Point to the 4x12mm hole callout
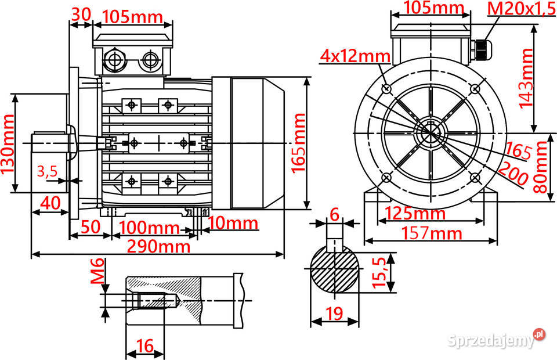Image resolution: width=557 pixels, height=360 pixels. (356, 56)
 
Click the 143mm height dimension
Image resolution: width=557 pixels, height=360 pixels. (526, 78)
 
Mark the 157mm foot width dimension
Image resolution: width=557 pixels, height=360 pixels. (433, 233)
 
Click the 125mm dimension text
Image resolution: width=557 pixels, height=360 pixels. (417, 213)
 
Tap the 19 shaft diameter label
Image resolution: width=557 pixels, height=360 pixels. (334, 314)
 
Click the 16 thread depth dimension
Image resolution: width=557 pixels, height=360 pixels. (144, 346)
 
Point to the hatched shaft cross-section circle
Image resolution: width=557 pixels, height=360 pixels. (335, 271)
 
